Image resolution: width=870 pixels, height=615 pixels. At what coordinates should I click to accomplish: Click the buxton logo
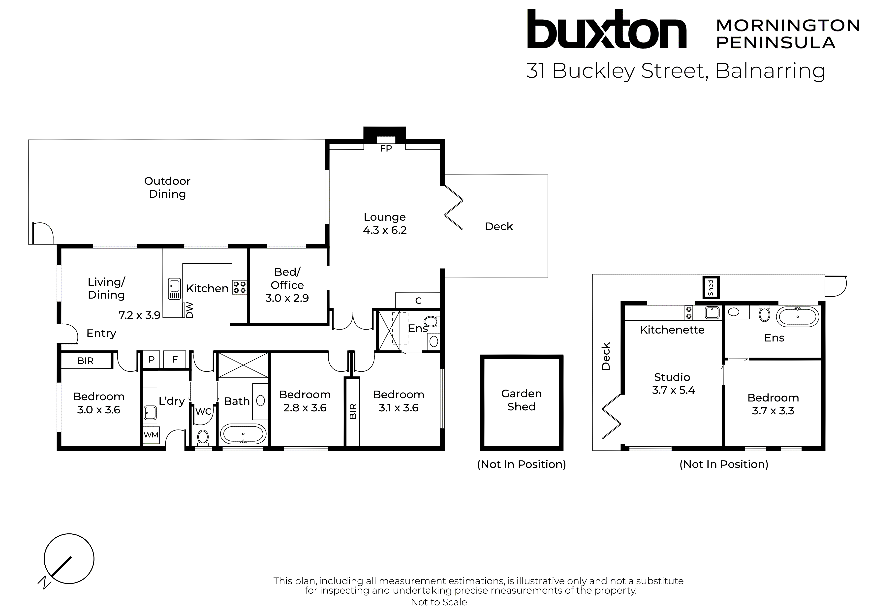pos(606,30)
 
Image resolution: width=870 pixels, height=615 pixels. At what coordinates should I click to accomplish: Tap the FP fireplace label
pos(386,149)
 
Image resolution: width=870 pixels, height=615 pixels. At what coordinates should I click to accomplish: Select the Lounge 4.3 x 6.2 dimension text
pos(385,230)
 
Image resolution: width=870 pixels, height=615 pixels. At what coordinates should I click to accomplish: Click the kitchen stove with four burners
pos(240,287)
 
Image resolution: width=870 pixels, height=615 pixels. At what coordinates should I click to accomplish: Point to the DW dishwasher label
pos(189,310)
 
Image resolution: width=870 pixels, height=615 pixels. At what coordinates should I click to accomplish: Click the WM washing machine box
pos(151,435)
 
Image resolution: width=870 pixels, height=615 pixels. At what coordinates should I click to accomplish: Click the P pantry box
pos(152,360)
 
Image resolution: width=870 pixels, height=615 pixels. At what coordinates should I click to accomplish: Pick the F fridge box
pos(175,360)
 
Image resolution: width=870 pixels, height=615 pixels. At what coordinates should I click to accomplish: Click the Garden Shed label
pos(521,400)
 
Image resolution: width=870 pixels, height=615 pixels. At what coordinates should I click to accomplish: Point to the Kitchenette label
pos(672,330)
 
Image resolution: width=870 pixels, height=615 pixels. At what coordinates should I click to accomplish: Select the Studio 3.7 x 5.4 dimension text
pos(673,390)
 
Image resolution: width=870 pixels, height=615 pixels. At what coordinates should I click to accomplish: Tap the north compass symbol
pos(69,559)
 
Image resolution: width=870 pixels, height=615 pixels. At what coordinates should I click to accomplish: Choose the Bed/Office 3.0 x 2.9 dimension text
pos(287,298)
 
